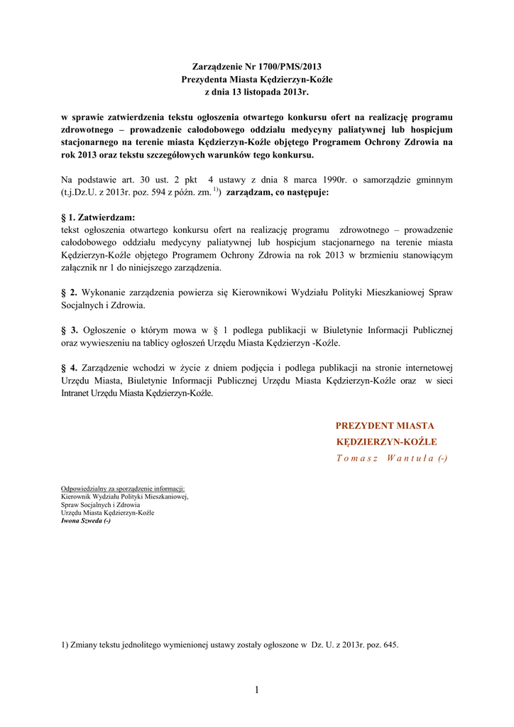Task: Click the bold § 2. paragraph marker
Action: click(x=70, y=292)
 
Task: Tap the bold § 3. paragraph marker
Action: click(x=70, y=330)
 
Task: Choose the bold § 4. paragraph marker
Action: click(x=70, y=368)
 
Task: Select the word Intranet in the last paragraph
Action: click(x=78, y=393)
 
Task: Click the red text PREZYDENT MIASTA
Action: click(x=385, y=425)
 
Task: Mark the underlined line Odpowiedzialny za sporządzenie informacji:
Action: click(x=123, y=489)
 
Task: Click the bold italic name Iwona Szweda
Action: click(x=85, y=520)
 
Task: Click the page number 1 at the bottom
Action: click(x=256, y=690)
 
